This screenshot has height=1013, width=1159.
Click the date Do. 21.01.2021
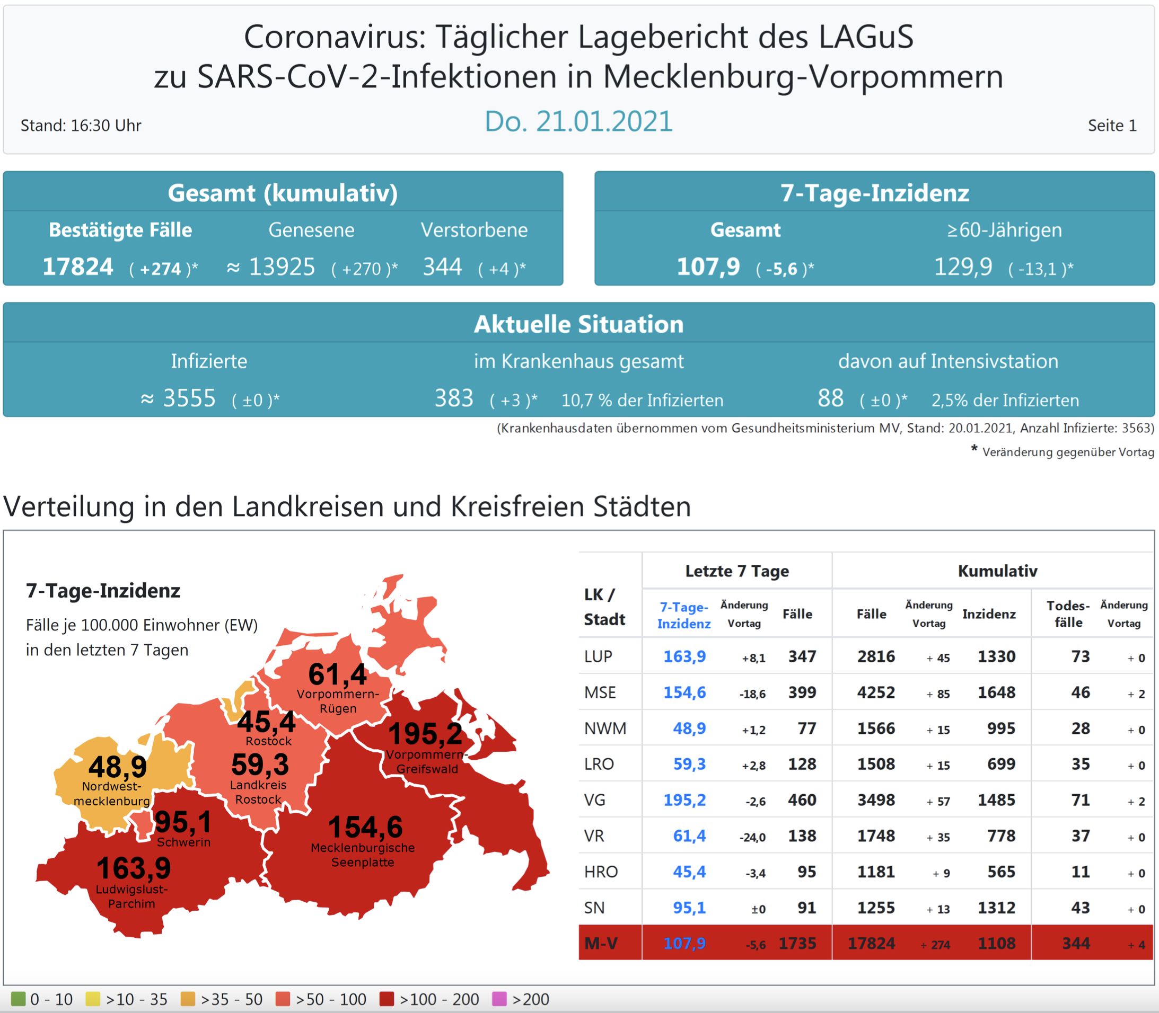point(578,121)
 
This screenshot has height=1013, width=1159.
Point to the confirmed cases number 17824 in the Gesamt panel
point(78,267)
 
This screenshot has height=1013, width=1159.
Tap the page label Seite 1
point(1111,126)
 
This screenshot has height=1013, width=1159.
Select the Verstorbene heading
point(474,230)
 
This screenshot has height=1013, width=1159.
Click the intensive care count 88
point(830,398)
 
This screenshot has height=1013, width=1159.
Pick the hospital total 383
point(454,398)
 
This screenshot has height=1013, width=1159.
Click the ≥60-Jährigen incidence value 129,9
point(963,267)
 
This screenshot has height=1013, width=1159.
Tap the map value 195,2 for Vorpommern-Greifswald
point(425,734)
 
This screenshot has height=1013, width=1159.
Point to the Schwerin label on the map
point(184,842)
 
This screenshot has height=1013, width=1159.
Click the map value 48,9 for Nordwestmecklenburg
point(118,767)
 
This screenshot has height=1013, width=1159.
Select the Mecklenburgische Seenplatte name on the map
point(363,855)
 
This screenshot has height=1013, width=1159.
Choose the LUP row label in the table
point(598,656)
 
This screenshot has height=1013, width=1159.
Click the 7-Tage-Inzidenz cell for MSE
point(684,692)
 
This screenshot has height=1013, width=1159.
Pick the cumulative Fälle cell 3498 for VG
point(876,800)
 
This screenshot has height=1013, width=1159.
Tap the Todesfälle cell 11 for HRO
point(1080,872)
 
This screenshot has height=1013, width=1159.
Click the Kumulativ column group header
point(997,571)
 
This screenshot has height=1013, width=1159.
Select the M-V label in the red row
point(601,944)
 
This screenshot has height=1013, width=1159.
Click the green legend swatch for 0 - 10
point(18,999)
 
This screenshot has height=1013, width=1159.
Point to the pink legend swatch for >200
point(499,999)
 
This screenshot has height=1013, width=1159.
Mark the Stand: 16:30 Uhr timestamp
point(81,126)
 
